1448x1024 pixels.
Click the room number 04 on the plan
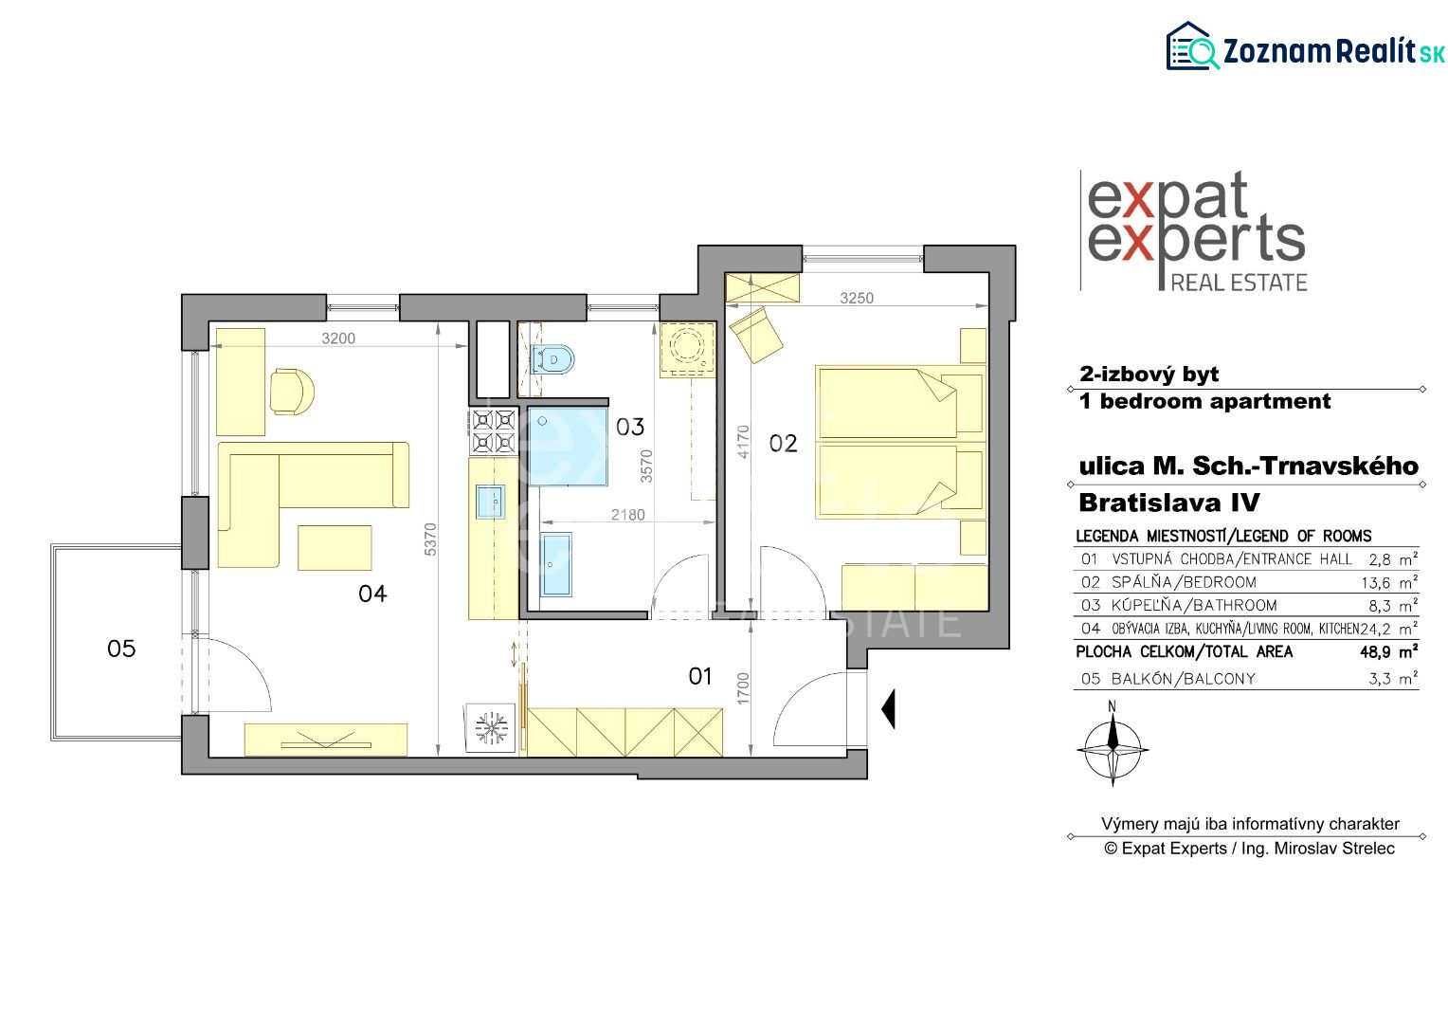point(372,594)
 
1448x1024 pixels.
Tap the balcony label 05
point(121,649)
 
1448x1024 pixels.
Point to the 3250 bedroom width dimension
point(857,299)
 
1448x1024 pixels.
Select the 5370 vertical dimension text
point(430,539)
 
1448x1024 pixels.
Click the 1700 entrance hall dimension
point(743,689)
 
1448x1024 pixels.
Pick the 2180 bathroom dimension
point(627,515)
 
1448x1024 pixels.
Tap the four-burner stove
point(494,430)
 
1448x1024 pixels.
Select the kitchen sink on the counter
point(491,502)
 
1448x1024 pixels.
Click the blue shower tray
point(569,447)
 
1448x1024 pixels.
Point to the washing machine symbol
point(687,349)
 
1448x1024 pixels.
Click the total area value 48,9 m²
point(1389,651)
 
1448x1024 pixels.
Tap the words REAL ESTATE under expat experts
point(1239,283)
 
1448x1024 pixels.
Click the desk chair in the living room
point(292,392)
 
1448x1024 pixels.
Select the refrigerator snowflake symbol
point(491,728)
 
